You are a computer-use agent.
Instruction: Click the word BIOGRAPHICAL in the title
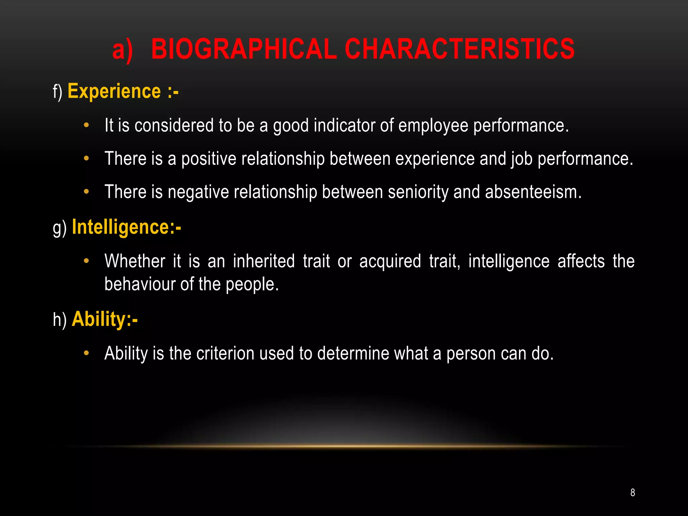point(244,49)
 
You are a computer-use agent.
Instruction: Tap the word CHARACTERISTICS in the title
point(459,49)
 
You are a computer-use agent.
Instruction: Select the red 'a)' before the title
point(122,50)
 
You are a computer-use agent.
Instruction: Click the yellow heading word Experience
point(114,91)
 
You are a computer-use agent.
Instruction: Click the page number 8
point(633,492)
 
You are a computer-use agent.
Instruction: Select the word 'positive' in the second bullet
point(209,159)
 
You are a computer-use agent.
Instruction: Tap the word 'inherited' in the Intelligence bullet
point(264,261)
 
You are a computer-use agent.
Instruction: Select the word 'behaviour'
point(140,284)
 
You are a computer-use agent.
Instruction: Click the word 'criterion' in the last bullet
point(225,353)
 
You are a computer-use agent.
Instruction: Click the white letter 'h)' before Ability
point(59,319)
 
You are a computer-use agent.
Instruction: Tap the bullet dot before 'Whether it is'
point(86,261)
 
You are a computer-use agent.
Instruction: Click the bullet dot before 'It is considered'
point(86,125)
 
